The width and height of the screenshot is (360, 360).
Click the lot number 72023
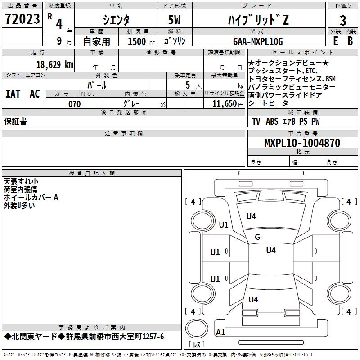[22, 19]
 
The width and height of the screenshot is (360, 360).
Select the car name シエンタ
[117, 19]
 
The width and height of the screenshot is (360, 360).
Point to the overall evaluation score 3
[343, 20]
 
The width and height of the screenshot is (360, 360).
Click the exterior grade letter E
[335, 40]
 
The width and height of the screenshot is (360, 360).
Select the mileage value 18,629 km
[54, 64]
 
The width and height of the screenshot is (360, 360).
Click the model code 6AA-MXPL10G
[258, 41]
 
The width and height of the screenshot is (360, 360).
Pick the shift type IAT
[13, 94]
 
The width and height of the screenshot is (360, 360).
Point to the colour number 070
[74, 104]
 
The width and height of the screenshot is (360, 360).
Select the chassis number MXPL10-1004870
[302, 143]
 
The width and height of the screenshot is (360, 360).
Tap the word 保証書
[15, 121]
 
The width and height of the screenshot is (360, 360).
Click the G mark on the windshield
[257, 237]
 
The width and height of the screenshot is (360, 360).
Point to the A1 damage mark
[220, 333]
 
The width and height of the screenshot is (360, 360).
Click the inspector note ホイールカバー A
[31, 197]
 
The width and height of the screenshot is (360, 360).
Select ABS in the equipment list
[272, 121]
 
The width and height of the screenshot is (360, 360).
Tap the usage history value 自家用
[97, 41]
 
